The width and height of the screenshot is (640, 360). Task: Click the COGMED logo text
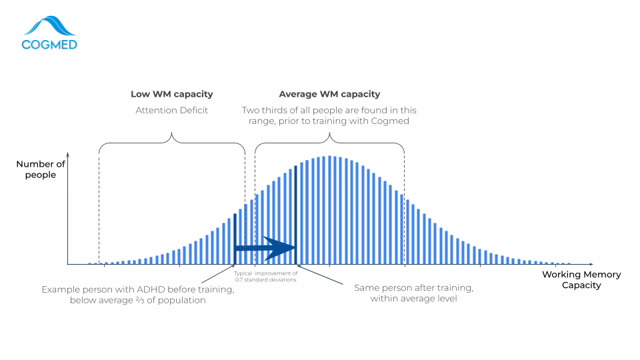tap(49, 45)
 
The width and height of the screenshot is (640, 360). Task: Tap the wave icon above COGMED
tap(49, 26)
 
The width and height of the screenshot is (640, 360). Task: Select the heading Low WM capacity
tap(172, 94)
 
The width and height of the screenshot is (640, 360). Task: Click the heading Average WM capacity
tap(329, 94)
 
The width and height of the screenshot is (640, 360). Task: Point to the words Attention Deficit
tap(172, 110)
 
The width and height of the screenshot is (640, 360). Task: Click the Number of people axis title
tap(41, 169)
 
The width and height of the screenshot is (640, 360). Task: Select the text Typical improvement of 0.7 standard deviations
tap(266, 276)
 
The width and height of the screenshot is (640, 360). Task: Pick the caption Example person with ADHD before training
tap(137, 289)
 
